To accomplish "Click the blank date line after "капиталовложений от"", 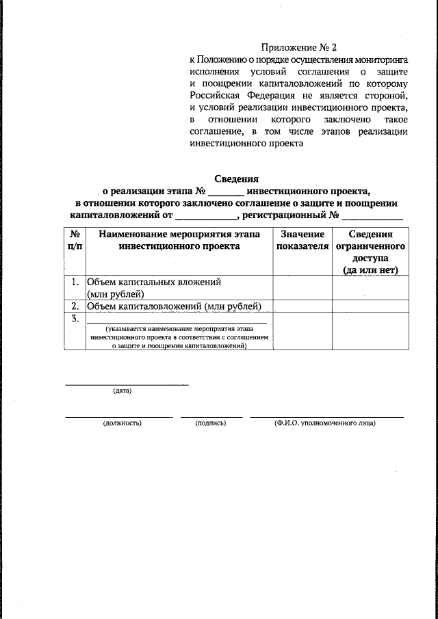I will pos(205,218).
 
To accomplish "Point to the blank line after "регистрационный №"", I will pos(372,218).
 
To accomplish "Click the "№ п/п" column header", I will pos(76,240).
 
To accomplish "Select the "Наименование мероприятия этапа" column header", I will pos(179,235).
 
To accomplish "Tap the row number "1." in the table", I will pos(76,282).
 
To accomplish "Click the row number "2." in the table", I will pos(76,306).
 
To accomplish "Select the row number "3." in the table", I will pos(76,318).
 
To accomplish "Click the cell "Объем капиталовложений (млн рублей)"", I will pos(175,306).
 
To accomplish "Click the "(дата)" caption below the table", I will pos(123,391).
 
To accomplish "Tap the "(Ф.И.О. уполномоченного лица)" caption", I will pos(325,423).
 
